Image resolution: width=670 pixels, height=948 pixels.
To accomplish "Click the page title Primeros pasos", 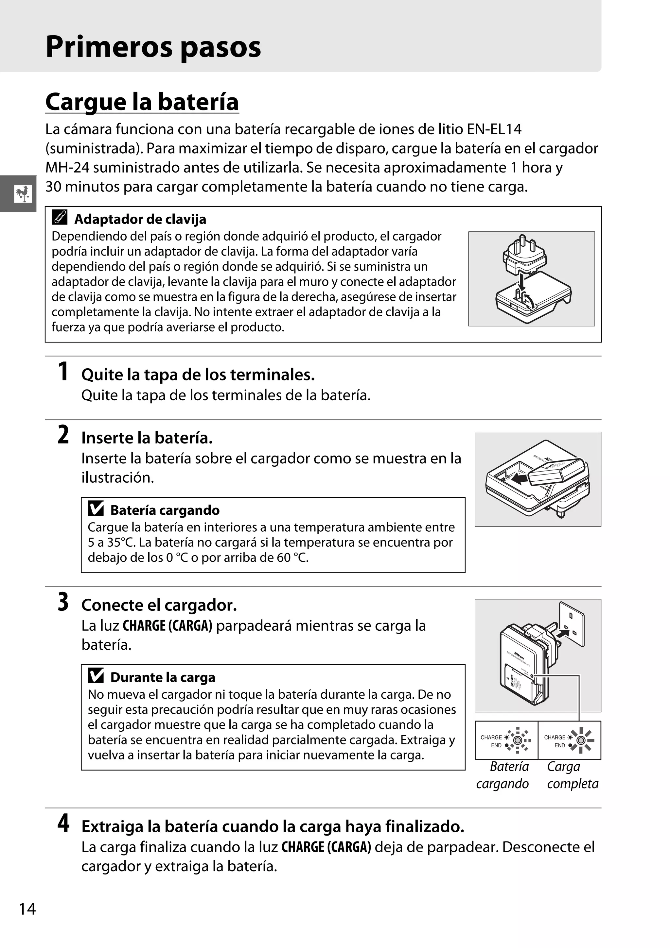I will click(x=153, y=47).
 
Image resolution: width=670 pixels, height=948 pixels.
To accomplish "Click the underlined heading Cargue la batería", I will click(x=142, y=102).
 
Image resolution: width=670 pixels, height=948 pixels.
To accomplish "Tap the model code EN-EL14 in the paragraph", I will click(x=494, y=129).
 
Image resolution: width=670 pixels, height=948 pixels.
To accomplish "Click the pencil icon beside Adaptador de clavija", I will click(x=60, y=218).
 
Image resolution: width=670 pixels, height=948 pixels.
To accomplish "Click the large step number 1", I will click(x=63, y=371).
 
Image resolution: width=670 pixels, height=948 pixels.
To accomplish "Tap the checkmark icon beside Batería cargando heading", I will click(x=96, y=508).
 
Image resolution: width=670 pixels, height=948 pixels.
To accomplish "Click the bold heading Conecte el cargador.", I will click(x=159, y=605).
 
